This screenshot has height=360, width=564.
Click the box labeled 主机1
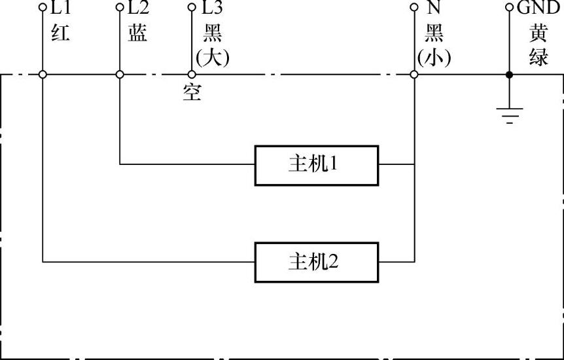(317, 164)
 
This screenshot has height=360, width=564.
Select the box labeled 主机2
(317, 262)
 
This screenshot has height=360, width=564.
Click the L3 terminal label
(212, 9)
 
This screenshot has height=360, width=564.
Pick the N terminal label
(433, 9)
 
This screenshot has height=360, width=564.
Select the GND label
(538, 9)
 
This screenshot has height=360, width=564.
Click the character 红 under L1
(60, 34)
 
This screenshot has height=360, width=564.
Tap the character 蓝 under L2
(137, 34)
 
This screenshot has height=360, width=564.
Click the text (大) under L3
(213, 58)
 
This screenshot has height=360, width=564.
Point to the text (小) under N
(434, 58)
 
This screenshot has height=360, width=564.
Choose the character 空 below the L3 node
(192, 94)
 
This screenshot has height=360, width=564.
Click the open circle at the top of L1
(43, 9)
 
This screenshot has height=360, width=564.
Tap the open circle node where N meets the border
(414, 75)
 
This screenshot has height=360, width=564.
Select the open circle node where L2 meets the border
(120, 75)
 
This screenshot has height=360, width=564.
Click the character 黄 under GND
(538, 34)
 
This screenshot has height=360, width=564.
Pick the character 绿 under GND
(538, 58)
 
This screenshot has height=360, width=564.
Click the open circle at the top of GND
(510, 9)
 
